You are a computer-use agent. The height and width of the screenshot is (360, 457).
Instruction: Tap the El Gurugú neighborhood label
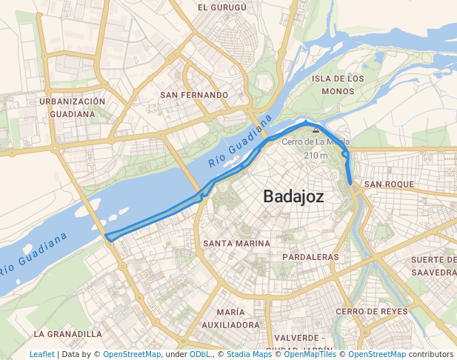coord(221,7)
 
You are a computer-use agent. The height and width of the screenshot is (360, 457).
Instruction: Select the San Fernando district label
coord(194,95)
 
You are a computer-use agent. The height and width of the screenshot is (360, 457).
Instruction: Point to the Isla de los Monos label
coord(338,84)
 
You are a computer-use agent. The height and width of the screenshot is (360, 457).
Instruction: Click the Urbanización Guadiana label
coord(73,107)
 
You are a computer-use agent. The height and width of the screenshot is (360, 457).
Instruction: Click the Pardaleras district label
coord(310,257)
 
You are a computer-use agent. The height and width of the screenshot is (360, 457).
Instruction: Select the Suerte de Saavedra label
coord(433,266)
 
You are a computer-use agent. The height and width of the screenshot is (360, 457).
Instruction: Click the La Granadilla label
coord(68,334)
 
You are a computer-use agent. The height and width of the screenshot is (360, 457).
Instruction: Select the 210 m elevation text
coord(316,155)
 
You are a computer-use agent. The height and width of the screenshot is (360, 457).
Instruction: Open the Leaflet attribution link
coord(42,355)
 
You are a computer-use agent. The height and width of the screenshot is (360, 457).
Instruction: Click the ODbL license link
coord(200,355)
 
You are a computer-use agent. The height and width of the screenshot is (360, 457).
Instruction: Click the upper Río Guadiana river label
coord(236,147)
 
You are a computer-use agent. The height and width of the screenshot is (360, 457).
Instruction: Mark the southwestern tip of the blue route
coord(107,237)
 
